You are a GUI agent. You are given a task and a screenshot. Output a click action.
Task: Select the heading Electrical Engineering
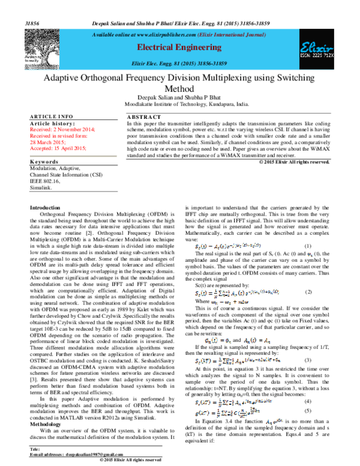click(179, 46)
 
